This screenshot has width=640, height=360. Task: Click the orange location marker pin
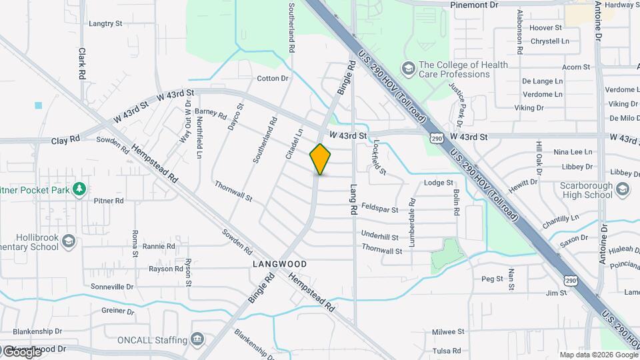(321, 159)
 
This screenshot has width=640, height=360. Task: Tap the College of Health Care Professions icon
(407, 69)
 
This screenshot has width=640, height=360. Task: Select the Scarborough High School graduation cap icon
(622, 189)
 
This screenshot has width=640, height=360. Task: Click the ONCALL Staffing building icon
(197, 339)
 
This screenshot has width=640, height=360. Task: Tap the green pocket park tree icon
(79, 189)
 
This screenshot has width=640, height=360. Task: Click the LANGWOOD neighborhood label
(280, 264)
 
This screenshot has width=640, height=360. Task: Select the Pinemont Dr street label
(474, 5)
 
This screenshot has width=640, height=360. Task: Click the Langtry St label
(105, 23)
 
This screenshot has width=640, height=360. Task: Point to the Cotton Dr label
(273, 78)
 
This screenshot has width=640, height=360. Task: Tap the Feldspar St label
(379, 209)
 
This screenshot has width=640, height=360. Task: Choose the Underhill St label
(379, 236)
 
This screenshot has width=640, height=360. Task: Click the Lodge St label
(438, 183)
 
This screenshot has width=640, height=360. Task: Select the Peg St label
(491, 279)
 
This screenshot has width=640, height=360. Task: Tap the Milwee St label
(447, 331)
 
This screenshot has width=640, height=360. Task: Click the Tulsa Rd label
(447, 351)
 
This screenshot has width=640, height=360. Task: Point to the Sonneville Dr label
(112, 287)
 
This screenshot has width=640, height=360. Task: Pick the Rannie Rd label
(158, 246)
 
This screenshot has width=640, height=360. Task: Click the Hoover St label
(546, 28)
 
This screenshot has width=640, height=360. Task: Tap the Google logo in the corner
(21, 351)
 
